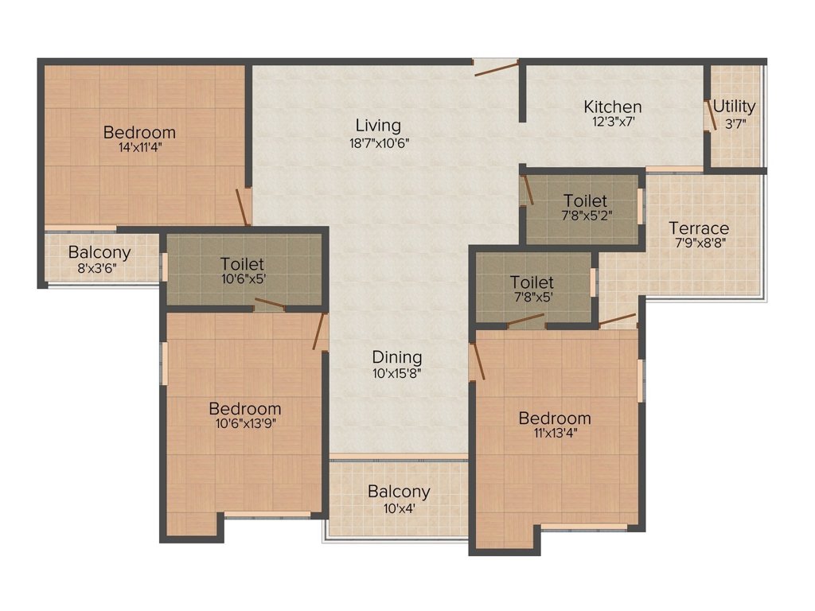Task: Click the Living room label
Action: pyautogui.click(x=378, y=126)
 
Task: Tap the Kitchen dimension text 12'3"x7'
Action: pyautogui.click(x=612, y=123)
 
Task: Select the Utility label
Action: pyautogui.click(x=734, y=107)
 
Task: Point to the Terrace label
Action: pyautogui.click(x=698, y=228)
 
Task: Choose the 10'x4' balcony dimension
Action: pyautogui.click(x=399, y=507)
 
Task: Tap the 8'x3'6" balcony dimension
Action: pyautogui.click(x=99, y=267)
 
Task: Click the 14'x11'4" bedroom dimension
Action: pyautogui.click(x=139, y=147)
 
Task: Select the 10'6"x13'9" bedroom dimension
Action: pyautogui.click(x=245, y=423)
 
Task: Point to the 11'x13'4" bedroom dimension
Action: pyautogui.click(x=555, y=433)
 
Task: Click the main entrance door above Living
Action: pyautogui.click(x=497, y=67)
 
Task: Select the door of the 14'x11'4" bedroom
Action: pyautogui.click(x=242, y=207)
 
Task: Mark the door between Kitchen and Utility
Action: pyautogui.click(x=709, y=115)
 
